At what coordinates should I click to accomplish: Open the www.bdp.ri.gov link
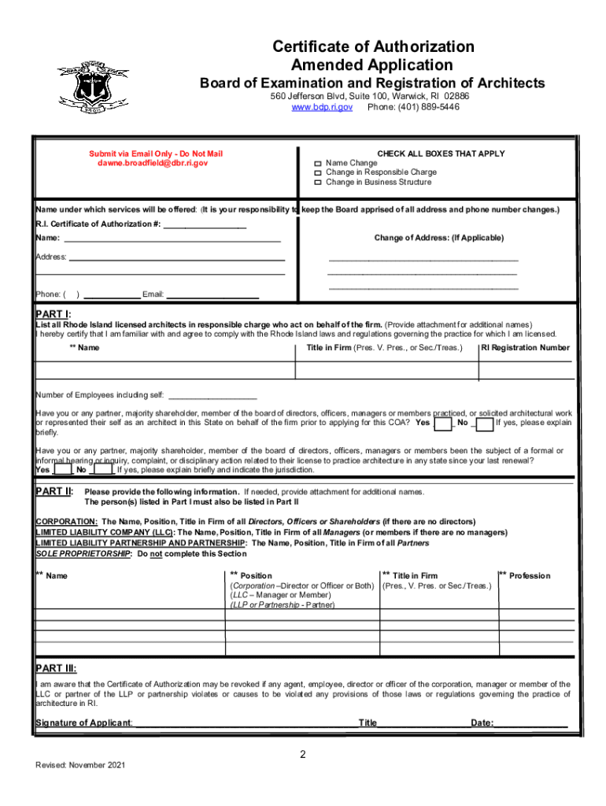pyautogui.click(x=322, y=106)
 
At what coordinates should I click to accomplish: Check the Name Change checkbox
pyautogui.click(x=318, y=163)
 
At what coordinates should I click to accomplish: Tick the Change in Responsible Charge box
pyautogui.click(x=318, y=172)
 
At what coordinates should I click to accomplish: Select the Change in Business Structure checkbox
pyautogui.click(x=318, y=183)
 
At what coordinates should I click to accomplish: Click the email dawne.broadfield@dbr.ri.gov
pyautogui.click(x=153, y=163)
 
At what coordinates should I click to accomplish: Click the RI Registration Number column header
pyautogui.click(x=525, y=347)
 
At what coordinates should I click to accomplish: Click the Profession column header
pyautogui.click(x=530, y=576)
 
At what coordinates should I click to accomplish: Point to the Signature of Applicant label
pyautogui.click(x=84, y=723)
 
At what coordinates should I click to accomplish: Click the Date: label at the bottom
pyautogui.click(x=482, y=723)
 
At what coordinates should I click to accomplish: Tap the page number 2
pyautogui.click(x=302, y=755)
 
